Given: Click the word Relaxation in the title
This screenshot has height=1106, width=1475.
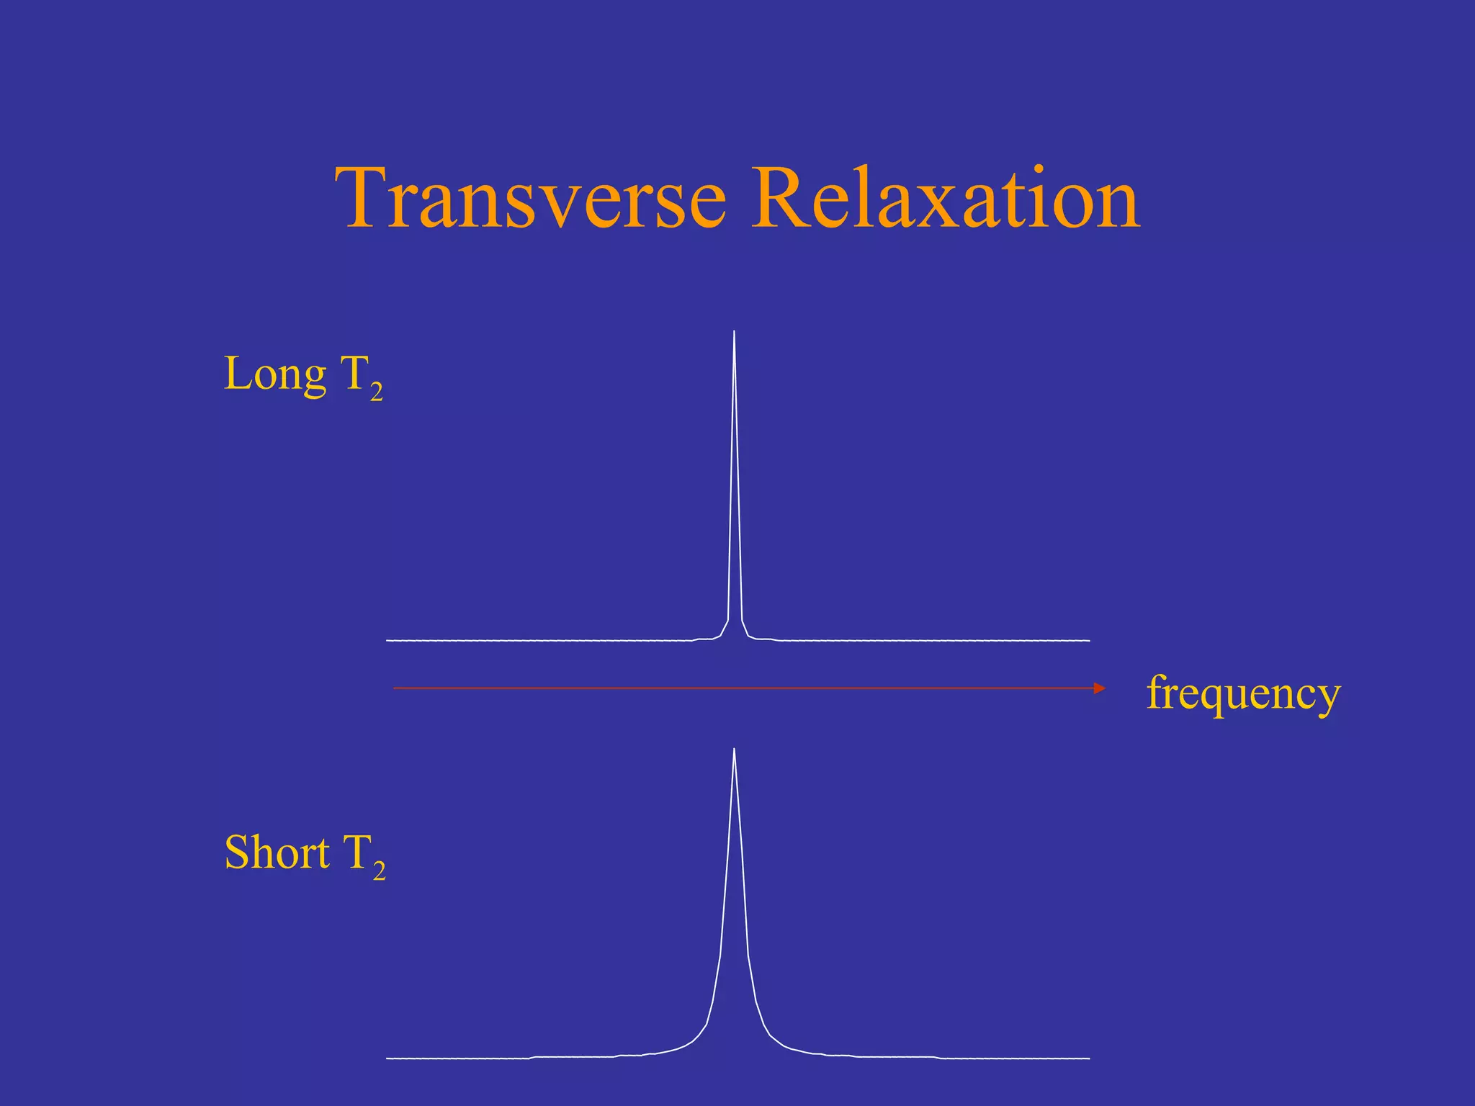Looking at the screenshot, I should click(945, 197).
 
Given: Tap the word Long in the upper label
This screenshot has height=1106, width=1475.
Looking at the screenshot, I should click(274, 374).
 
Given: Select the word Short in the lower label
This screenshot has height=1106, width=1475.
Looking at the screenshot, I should click(277, 853).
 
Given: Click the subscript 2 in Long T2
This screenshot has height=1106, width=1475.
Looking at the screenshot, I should click(376, 393).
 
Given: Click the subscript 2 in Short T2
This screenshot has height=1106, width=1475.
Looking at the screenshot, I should click(379, 872).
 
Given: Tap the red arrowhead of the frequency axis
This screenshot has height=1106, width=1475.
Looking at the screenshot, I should click(1099, 688).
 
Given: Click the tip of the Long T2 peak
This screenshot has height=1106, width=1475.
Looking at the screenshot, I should click(734, 332).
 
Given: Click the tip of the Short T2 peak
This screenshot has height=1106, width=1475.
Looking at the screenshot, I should click(734, 750).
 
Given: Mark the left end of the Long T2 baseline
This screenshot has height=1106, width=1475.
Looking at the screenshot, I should click(387, 639).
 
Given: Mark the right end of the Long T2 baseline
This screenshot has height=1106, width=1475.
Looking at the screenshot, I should click(1089, 639).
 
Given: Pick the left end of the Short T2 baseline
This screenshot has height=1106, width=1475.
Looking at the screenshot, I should click(387, 1058).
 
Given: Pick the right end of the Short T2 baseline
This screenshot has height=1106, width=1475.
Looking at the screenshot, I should click(1089, 1058).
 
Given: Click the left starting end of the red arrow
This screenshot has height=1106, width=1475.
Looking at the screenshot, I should click(394, 688).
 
